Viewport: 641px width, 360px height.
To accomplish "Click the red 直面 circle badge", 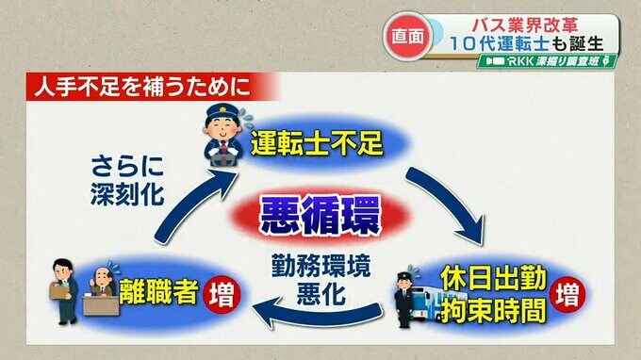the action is (x=407, y=37).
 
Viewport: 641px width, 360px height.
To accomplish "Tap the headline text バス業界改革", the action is (x=525, y=25).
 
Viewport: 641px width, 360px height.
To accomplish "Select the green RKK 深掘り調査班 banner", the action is (x=547, y=61).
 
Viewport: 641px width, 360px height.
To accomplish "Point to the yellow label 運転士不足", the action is (x=317, y=143).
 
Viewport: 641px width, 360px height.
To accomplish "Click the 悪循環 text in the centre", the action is (x=320, y=216).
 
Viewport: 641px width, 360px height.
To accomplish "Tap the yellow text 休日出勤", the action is (x=493, y=279).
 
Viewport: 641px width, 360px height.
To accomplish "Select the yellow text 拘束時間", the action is (x=493, y=311).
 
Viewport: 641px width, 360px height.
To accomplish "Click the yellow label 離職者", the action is (x=158, y=291).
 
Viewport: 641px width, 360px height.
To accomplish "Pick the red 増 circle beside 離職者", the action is (x=222, y=294).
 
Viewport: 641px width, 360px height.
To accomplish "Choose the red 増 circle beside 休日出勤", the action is (x=567, y=295).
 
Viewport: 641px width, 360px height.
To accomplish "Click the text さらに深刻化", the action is (x=127, y=180).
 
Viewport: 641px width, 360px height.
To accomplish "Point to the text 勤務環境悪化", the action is (x=320, y=280).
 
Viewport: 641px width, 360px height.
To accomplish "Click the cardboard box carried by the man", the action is (x=59, y=290).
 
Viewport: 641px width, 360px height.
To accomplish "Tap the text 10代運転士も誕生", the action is (x=527, y=43).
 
